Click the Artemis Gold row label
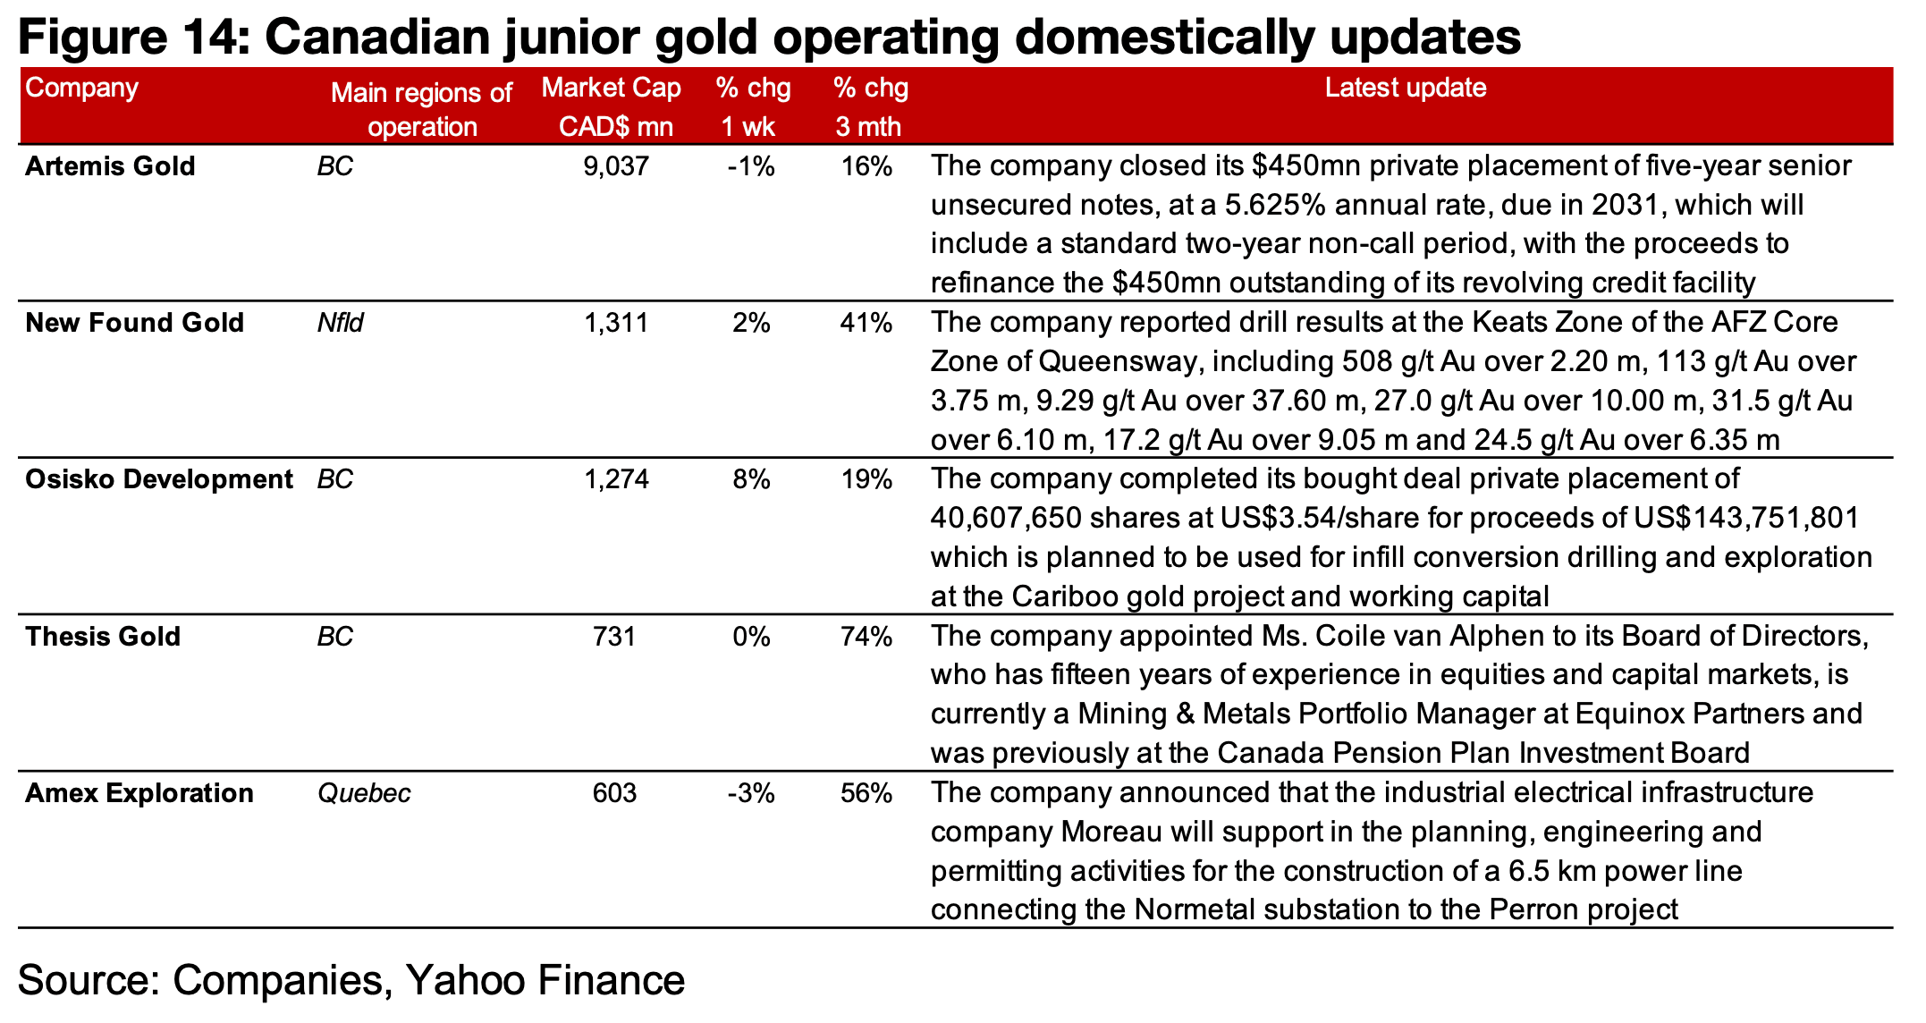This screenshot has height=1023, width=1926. click(110, 166)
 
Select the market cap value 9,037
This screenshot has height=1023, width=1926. click(615, 166)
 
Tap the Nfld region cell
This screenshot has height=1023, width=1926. click(340, 323)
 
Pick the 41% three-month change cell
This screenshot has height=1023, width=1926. click(866, 323)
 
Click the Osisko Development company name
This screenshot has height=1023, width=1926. click(158, 479)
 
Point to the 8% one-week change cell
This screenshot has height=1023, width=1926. click(751, 479)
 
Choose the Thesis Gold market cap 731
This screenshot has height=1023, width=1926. click(615, 637)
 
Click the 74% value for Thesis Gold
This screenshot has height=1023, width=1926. click(866, 637)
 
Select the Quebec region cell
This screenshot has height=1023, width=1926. click(364, 793)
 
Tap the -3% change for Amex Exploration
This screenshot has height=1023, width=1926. click(751, 793)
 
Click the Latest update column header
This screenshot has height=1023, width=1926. click(1405, 88)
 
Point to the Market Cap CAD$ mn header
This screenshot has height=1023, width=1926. click(612, 106)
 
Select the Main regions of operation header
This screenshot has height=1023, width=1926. click(421, 109)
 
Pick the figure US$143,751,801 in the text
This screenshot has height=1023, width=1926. click(1746, 519)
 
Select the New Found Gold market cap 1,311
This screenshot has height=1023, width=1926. click(615, 323)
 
